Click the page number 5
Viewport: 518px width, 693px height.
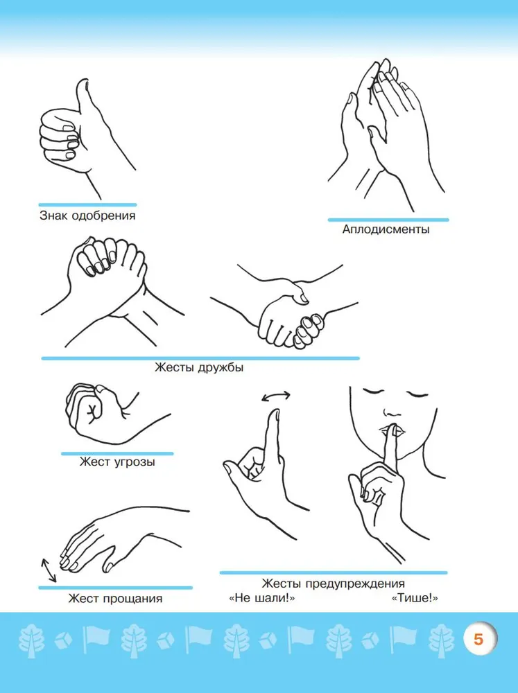coord(478,640)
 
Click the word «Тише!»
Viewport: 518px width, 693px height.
coord(415,599)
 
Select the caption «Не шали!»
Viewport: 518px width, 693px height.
coord(261,599)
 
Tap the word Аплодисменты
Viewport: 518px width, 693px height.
coord(386,229)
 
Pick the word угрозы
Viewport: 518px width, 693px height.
coord(135,462)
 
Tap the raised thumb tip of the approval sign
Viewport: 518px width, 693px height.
coord(83,82)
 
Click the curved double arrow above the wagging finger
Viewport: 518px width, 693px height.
coord(276,396)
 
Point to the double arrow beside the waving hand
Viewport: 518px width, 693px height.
coord(49,570)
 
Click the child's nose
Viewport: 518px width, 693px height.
coord(392,412)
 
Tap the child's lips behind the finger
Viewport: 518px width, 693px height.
coord(391,430)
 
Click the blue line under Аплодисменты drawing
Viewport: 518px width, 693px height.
coord(388,220)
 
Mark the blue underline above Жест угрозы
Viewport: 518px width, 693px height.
coord(117,453)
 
